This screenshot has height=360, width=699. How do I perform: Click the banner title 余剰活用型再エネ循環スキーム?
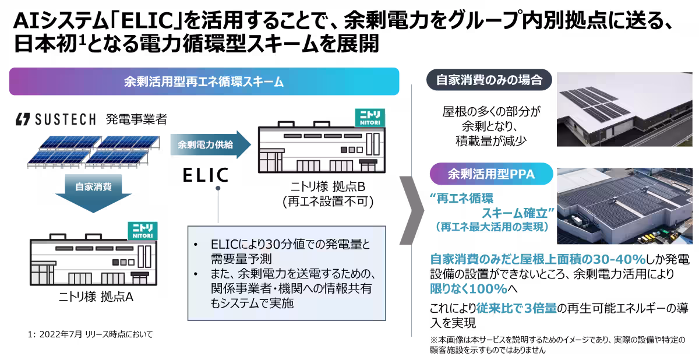(204, 82)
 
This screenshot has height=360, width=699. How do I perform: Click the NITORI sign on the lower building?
(142, 230)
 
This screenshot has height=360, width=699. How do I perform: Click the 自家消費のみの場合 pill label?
(489, 80)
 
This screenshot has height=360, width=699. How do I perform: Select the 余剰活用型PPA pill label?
(490, 174)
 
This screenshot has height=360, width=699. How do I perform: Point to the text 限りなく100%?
(468, 289)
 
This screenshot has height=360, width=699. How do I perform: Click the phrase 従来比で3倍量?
(515, 308)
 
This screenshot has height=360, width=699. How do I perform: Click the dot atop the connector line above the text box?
(218, 189)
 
